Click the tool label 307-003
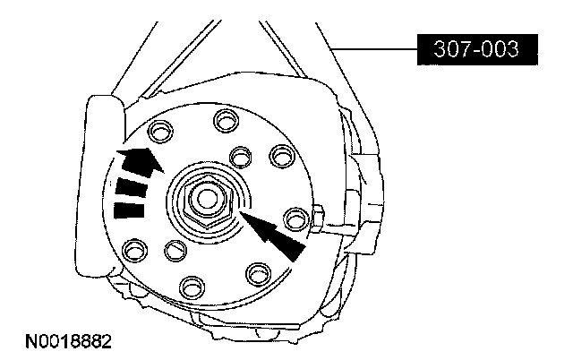coord(477,49)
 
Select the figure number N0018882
coord(68,342)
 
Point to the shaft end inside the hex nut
coord(208,199)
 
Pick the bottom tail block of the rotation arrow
coord(129,210)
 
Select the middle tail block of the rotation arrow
coord(132,187)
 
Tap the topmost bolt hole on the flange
coord(227,121)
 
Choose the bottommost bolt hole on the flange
coord(192,287)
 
